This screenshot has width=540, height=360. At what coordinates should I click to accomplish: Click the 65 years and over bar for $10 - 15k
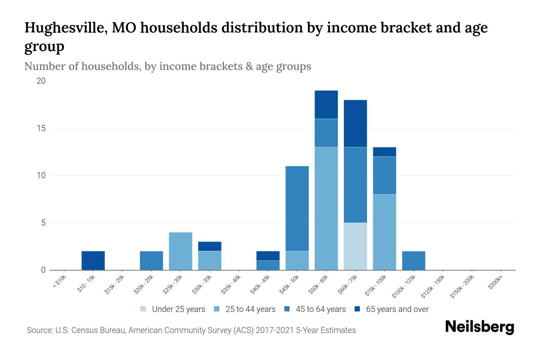(x=93, y=260)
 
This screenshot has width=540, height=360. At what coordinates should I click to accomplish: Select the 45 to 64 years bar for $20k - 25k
(x=151, y=260)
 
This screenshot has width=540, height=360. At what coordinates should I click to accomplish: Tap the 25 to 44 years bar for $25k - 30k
(x=181, y=251)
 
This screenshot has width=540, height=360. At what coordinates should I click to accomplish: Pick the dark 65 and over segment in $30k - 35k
(x=210, y=246)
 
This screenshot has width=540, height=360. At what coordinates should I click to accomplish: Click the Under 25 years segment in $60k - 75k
(x=355, y=246)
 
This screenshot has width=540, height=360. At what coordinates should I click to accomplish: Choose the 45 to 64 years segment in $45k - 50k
(x=297, y=208)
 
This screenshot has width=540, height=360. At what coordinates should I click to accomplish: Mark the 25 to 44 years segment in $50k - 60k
(x=326, y=208)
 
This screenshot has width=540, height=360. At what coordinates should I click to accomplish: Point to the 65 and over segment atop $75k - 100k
(x=384, y=152)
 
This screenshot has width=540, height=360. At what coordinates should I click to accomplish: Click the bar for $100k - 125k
(x=413, y=260)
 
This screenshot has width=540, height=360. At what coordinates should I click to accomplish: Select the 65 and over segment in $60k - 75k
(x=355, y=123)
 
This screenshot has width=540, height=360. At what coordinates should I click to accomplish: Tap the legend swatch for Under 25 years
(x=143, y=309)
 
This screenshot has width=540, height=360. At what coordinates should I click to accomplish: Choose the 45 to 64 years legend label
(x=321, y=309)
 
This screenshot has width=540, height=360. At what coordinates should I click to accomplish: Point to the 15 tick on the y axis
(x=41, y=128)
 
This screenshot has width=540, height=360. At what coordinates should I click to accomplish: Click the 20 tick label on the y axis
(x=41, y=81)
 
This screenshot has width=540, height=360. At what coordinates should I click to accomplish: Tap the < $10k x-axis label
(x=60, y=282)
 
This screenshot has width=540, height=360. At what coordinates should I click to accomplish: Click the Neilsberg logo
(x=479, y=327)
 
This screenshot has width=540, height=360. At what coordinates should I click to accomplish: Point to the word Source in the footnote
(x=39, y=330)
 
